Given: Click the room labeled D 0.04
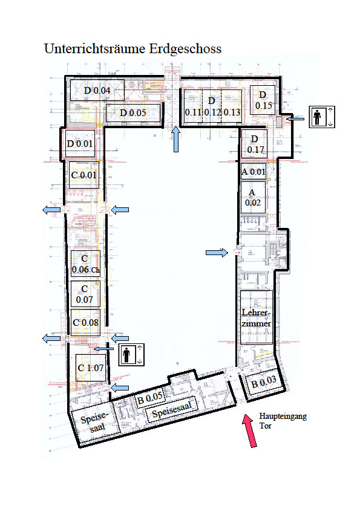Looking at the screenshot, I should [97, 90].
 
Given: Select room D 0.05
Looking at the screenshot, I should [133, 113].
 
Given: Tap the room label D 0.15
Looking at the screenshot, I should [263, 100].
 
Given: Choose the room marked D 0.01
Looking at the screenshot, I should [80, 144].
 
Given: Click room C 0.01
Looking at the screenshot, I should [83, 175].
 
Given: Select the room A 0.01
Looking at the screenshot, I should [254, 172].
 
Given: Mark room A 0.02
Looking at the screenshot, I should [254, 198].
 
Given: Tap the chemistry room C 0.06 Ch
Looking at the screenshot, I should [85, 265].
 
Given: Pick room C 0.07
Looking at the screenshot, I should [85, 294].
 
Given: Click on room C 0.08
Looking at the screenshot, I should [85, 322].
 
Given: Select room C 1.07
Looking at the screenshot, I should [90, 367].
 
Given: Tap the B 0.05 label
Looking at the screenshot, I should [149, 398].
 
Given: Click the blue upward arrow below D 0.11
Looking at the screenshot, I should [176, 139].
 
